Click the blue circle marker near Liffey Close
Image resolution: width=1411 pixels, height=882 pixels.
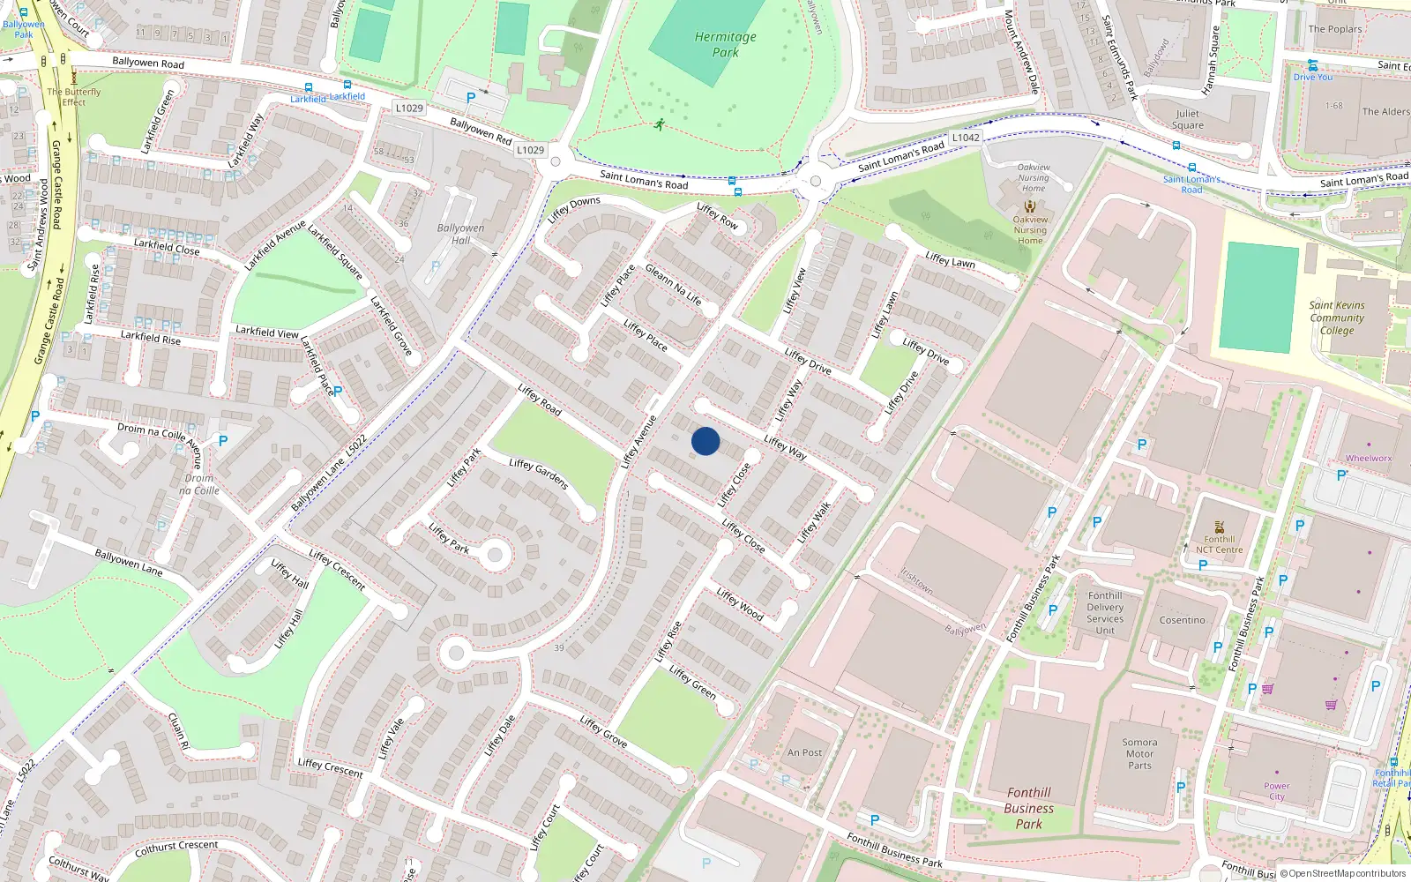[705, 441]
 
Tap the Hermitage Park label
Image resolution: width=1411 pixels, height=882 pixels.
[725, 44]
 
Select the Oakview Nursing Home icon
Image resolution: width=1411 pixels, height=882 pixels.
[1030, 206]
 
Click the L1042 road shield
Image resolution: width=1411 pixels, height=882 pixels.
[966, 138]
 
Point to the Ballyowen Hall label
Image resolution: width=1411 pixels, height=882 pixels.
[460, 234]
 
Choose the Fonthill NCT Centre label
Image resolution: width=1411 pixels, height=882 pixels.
[1219, 544]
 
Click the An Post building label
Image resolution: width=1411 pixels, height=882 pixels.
[804, 753]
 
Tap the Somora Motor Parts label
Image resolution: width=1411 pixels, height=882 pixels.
[1139, 754]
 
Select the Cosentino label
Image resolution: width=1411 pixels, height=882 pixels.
[1182, 620]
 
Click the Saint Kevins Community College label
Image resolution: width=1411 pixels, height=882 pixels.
[1337, 318]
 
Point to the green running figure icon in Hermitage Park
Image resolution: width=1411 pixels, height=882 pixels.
[659, 124]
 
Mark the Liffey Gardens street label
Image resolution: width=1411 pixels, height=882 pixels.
[538, 474]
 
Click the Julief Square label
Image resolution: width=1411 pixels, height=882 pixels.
[1187, 119]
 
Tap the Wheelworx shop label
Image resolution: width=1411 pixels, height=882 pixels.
[1368, 458]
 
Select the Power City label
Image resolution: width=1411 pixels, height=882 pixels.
[1276, 791]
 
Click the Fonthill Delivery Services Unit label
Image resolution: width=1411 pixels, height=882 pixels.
[1105, 613]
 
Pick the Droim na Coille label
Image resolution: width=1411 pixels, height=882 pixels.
[199, 484]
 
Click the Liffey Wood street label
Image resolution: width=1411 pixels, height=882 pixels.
[740, 604]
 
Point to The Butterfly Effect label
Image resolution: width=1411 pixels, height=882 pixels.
[74, 97]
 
